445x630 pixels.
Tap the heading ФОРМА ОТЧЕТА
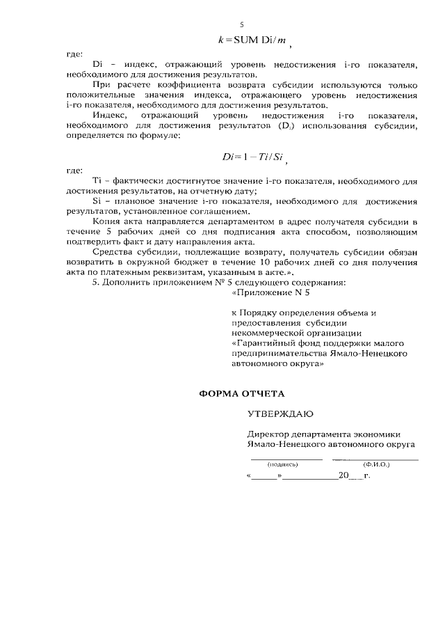tap(242, 393)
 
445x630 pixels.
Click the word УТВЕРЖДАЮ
tap(280, 414)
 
